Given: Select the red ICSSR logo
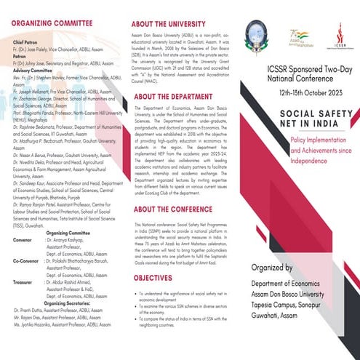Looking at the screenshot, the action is [340, 31].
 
